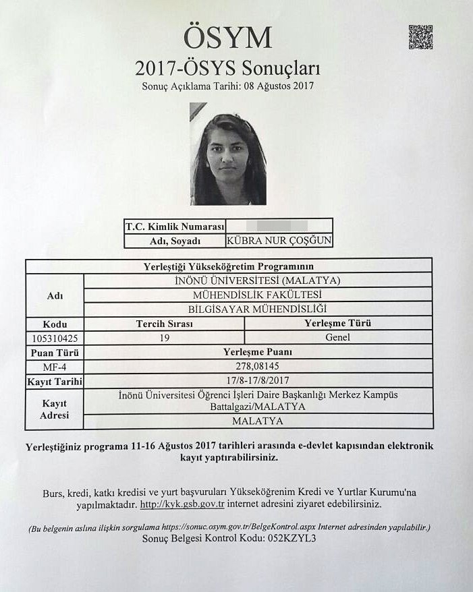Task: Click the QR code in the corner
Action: tap(420, 37)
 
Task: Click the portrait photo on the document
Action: tap(227, 154)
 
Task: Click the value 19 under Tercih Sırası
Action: tap(165, 337)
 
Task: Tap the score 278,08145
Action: tap(257, 366)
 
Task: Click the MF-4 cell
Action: tap(54, 366)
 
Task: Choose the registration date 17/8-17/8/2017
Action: tap(257, 380)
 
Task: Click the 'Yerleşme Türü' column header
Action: tap(338, 323)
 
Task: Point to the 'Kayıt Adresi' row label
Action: tap(54, 409)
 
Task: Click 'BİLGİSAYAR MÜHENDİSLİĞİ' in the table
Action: tap(257, 309)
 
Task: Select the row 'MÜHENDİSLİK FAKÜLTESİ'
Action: tap(257, 295)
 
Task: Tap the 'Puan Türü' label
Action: tap(54, 352)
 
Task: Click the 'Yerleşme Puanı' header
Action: tap(257, 352)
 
